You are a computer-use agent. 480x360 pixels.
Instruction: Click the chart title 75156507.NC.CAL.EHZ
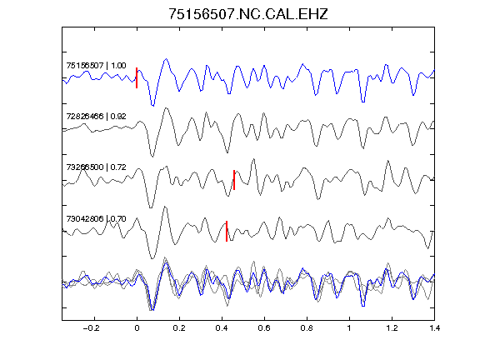[248, 14]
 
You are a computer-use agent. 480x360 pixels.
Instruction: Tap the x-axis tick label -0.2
[91, 328]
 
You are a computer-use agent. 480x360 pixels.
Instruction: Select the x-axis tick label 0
[137, 328]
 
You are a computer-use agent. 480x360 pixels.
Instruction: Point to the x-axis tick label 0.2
[179, 328]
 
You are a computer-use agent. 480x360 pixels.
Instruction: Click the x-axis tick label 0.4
[222, 328]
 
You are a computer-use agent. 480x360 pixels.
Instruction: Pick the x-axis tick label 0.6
[264, 328]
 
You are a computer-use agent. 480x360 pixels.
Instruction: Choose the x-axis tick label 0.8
[307, 328]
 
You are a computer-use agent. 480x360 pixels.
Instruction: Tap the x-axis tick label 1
[349, 328]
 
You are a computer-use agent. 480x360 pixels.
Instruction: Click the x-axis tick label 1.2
[392, 328]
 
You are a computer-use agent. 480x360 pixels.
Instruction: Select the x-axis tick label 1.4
[434, 328]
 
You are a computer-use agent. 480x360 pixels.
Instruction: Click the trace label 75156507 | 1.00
[96, 66]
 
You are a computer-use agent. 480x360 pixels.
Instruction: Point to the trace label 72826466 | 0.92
[96, 117]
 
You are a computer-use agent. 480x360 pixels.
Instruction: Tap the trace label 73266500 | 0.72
[96, 167]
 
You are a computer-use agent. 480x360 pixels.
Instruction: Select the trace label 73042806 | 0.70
[96, 218]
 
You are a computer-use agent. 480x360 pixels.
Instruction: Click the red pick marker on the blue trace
[137, 77]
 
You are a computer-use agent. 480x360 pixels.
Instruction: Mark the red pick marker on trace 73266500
[234, 180]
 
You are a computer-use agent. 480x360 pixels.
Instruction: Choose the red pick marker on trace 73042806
[227, 231]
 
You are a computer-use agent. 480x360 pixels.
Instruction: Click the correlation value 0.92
[118, 117]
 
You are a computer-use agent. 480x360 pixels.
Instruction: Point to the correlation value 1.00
[118, 66]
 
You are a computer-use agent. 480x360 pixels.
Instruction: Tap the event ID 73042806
[85, 218]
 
